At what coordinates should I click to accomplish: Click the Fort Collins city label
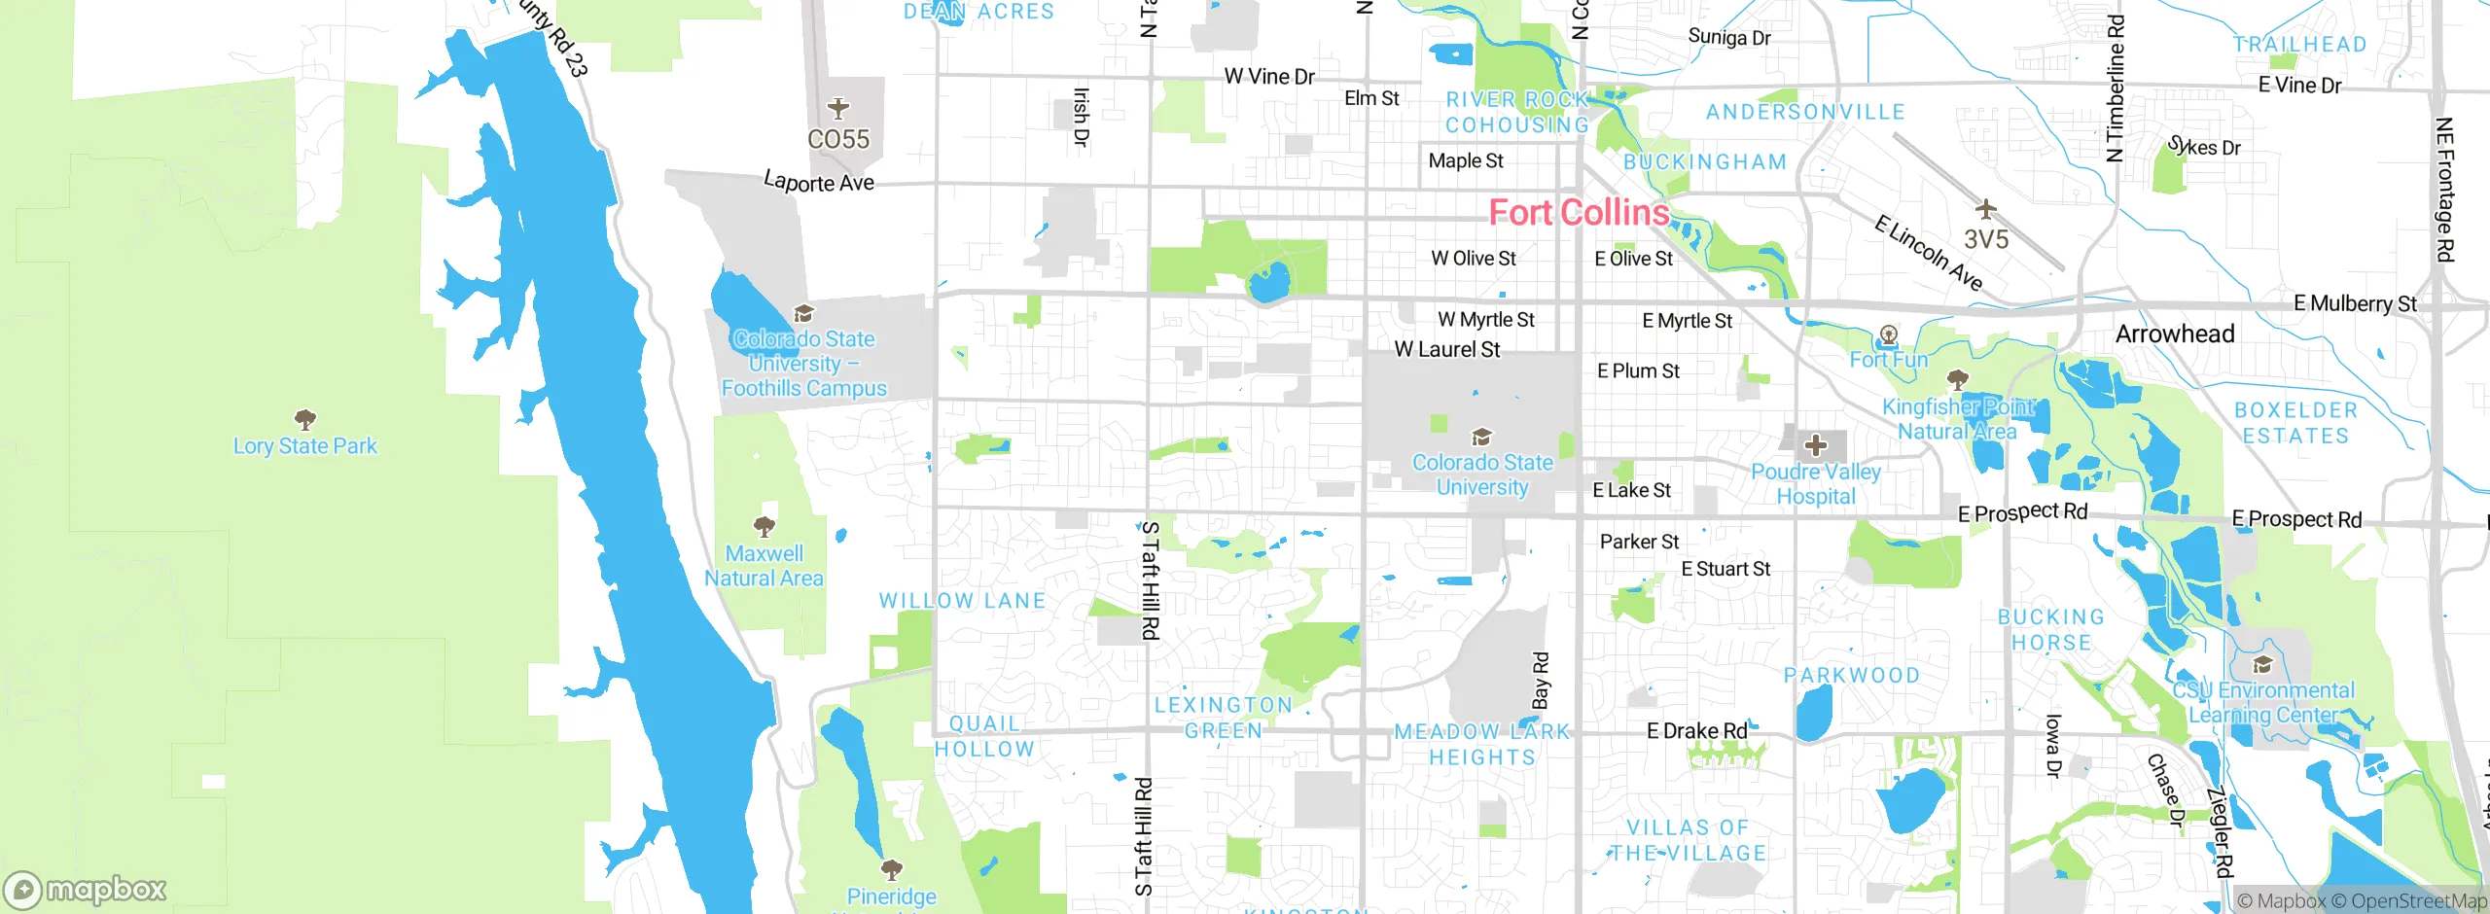tap(1579, 212)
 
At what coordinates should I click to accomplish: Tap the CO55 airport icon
tap(838, 108)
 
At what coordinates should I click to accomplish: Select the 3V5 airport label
tap(1985, 239)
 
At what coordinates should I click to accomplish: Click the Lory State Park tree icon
tap(305, 420)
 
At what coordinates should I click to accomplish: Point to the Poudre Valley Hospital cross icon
tap(1815, 445)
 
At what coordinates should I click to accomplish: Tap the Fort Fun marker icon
tap(1888, 336)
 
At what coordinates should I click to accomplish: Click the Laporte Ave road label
tap(819, 182)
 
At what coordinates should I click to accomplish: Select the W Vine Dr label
tap(1268, 76)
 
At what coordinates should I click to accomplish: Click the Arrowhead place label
tap(2175, 334)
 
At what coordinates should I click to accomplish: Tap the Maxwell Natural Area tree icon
tap(765, 527)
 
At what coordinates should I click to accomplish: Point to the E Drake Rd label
tap(1696, 730)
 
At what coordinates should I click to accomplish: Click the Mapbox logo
tap(86, 890)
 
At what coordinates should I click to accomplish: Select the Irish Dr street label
tap(1081, 118)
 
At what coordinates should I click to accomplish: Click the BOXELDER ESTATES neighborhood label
tap(2295, 423)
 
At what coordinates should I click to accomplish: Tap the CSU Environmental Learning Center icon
tap(2262, 665)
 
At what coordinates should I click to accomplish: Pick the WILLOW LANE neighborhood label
tap(962, 601)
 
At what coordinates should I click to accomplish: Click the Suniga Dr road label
tap(1728, 37)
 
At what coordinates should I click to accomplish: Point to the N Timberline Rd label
tap(2115, 88)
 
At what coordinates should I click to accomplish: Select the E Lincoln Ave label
tap(1928, 253)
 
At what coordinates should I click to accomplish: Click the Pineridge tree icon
tap(891, 868)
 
